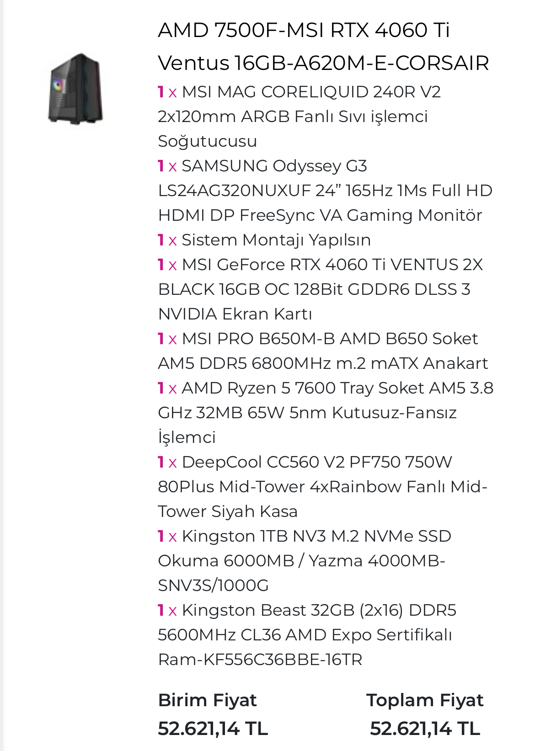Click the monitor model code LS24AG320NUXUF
coord(234,191)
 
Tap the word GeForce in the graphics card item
coord(253,265)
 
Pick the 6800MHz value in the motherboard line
coord(291,363)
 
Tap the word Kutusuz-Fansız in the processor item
coord(394,413)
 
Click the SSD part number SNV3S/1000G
coord(213,586)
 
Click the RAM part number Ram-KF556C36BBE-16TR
coord(260,660)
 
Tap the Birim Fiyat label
coord(207,700)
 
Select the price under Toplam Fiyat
coord(425,729)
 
